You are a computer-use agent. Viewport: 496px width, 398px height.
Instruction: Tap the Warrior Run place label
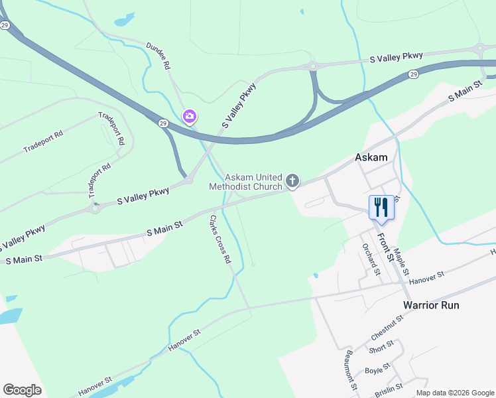coord(431,305)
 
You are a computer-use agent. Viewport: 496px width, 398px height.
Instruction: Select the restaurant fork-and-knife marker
coord(381,207)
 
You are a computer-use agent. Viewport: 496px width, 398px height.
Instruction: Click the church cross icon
coord(292,180)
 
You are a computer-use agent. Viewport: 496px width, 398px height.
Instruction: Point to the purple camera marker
coord(190,117)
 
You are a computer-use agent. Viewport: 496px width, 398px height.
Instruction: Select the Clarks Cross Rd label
coord(220,239)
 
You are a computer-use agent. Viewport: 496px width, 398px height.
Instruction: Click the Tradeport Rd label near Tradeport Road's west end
coord(43,141)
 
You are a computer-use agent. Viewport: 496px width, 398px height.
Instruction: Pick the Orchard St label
coord(371,258)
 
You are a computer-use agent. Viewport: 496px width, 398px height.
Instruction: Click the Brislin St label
coord(389,386)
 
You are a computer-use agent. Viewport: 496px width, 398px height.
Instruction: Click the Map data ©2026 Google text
coord(454,393)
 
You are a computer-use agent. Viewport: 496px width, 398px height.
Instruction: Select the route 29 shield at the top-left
coord(5,25)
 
